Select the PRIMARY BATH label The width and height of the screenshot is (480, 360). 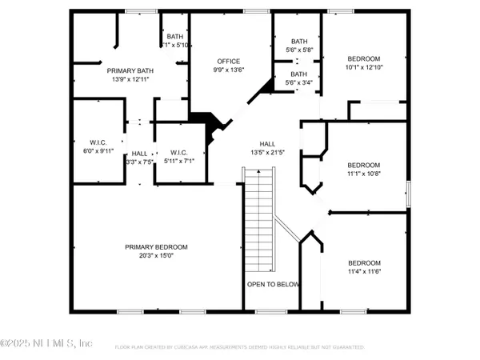coord(130,71)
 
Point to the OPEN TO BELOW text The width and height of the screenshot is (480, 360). coord(273,284)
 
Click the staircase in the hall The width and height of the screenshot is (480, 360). coord(258,216)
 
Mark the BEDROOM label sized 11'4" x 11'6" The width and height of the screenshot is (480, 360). coord(364,263)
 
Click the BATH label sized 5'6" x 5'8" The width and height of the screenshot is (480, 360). coord(298,42)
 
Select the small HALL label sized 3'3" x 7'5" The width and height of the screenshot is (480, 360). coord(139,153)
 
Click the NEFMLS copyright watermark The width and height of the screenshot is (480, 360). coord(46,344)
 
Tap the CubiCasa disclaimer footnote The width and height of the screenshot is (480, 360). coord(240,348)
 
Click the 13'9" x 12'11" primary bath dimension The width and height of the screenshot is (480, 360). coord(130,80)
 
